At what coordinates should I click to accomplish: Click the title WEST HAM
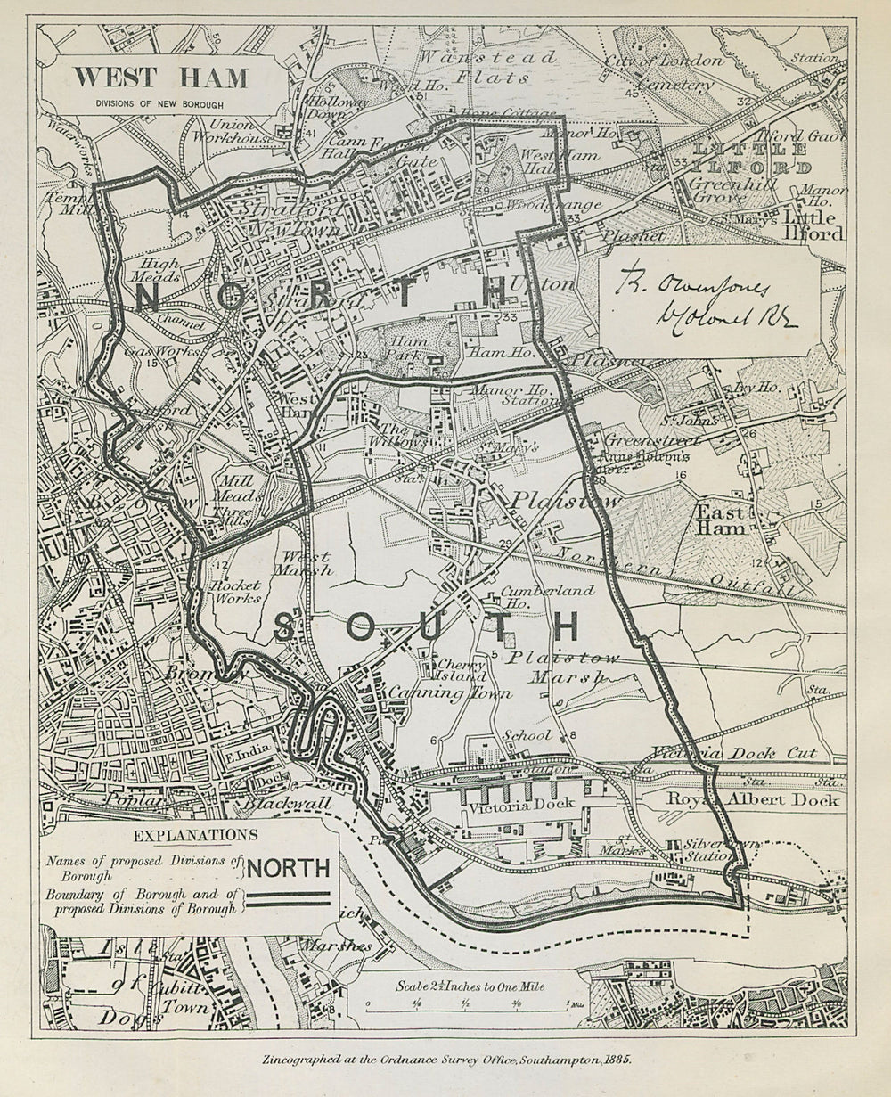pos(160,78)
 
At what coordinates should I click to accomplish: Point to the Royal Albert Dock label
pos(754,799)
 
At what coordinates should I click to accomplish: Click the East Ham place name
pos(721,520)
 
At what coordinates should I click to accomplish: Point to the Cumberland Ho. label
pos(535,597)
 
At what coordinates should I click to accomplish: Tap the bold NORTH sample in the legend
pos(288,867)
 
